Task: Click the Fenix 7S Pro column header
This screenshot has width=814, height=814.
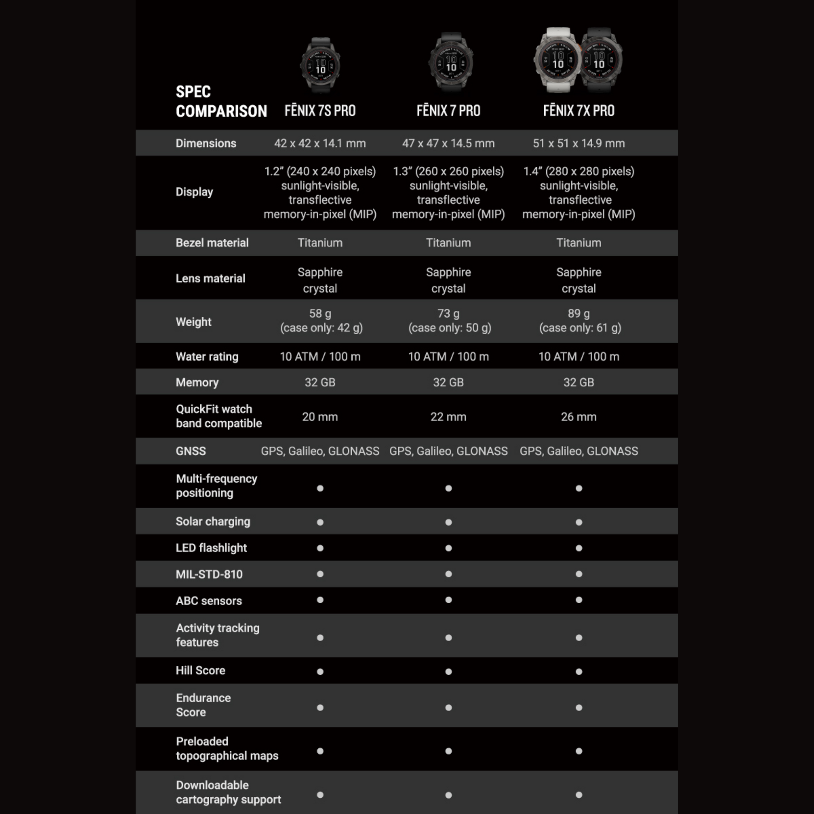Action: point(320,111)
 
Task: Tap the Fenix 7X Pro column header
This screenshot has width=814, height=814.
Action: point(579,111)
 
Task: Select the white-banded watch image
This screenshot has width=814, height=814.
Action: point(557,60)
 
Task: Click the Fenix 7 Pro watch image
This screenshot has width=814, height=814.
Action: point(451,62)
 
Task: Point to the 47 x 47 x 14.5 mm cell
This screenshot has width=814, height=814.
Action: point(448,143)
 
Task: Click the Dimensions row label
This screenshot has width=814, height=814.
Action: point(206,143)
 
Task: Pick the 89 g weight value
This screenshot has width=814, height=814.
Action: point(579,313)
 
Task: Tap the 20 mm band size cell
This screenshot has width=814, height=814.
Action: point(320,417)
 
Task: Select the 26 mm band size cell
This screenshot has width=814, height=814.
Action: point(579,417)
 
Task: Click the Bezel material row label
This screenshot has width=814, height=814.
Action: point(212,243)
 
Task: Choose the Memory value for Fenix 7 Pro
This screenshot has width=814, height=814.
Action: point(448,382)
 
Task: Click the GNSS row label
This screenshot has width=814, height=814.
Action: point(191,451)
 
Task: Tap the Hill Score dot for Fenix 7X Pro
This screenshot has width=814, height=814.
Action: point(579,672)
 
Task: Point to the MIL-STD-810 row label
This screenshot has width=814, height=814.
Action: point(209,574)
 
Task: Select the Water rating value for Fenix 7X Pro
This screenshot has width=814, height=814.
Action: point(579,356)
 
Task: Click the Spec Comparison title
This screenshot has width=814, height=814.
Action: point(221,101)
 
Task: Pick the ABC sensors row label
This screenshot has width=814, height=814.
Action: point(209,600)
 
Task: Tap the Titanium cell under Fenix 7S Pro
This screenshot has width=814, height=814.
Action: point(320,243)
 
